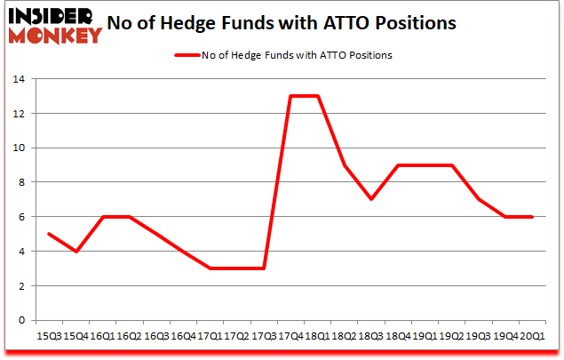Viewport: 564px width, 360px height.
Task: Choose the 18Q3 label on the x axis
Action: point(370,336)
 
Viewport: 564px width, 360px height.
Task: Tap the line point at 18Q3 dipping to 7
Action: point(370,199)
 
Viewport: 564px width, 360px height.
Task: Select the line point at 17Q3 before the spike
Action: point(263,268)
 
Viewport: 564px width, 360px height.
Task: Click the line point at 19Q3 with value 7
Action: point(478,199)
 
